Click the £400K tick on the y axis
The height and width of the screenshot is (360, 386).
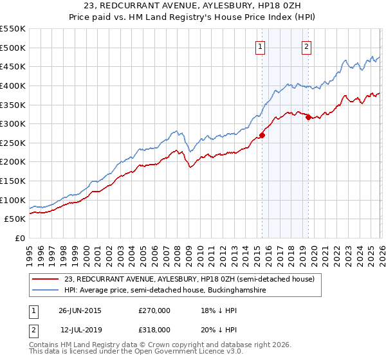pos(14,85)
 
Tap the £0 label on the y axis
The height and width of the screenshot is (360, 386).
pos(21,238)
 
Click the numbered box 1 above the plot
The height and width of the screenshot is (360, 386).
pos(260,46)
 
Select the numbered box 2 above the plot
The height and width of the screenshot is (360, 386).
pos(307,46)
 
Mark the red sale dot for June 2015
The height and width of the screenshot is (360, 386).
pos(262,135)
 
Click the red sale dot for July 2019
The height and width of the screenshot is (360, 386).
pos(308,117)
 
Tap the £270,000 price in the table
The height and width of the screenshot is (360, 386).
pos(154,310)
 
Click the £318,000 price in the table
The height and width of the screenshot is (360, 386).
pos(154,329)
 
